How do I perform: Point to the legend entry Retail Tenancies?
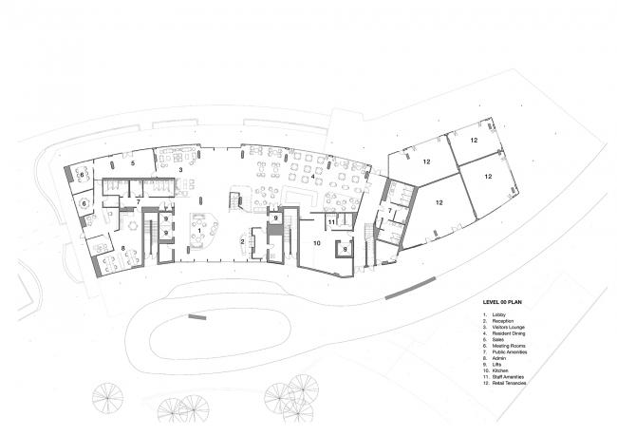[508, 383]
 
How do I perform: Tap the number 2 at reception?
[243, 242]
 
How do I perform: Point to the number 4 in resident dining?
[311, 177]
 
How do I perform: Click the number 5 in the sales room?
[134, 164]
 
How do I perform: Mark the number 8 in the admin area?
[122, 248]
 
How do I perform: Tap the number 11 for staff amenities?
[329, 222]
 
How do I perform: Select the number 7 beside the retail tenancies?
[389, 211]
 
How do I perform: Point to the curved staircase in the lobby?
[234, 200]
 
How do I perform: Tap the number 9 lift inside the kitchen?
[345, 250]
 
